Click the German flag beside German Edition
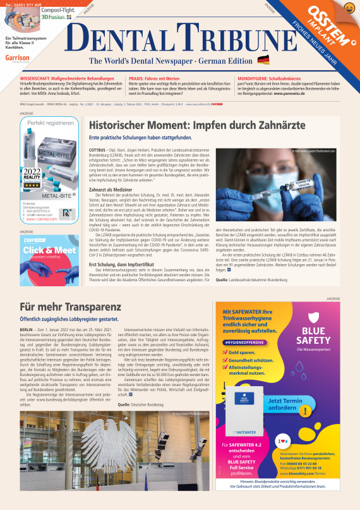click(263, 60)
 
